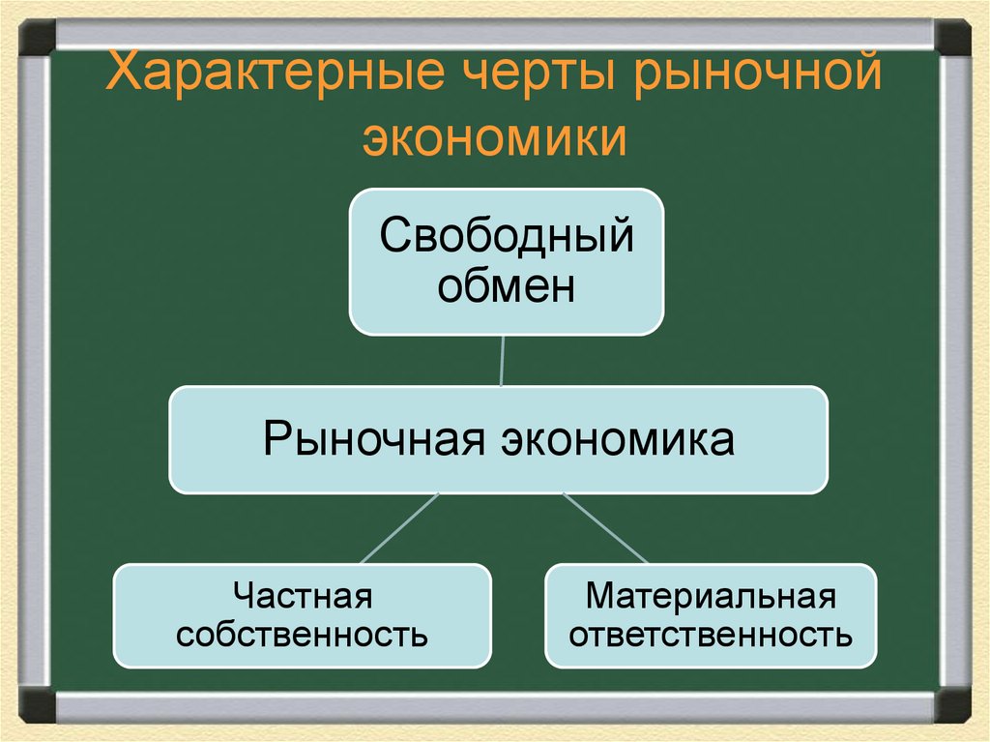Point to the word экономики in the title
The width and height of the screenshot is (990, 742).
click(x=495, y=137)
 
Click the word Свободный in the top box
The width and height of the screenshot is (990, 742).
click(x=506, y=236)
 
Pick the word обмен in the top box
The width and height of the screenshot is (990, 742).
click(x=506, y=286)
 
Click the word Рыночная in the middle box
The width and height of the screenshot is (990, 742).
click(x=372, y=439)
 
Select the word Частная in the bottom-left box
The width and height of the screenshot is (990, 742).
click(x=303, y=596)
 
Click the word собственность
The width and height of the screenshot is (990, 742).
click(x=303, y=636)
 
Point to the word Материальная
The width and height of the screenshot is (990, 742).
click(x=711, y=596)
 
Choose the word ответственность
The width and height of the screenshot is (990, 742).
click(x=711, y=636)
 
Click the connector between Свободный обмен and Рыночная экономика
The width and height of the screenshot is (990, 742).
click(x=502, y=360)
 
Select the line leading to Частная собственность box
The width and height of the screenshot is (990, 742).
click(x=399, y=528)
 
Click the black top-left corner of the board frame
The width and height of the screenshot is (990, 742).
click(x=38, y=37)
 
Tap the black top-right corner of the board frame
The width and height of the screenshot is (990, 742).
click(x=952, y=37)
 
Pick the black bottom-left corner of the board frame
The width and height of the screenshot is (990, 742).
click(x=38, y=703)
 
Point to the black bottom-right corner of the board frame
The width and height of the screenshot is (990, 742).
click(x=952, y=703)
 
